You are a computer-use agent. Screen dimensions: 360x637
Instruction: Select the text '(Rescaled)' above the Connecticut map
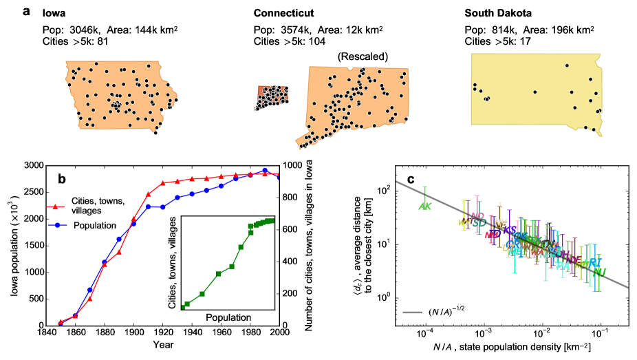361,56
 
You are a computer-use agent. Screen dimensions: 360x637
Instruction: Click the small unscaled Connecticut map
272,98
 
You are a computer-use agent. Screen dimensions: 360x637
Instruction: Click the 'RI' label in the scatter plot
596,263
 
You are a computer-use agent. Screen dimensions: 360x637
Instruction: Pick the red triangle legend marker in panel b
58,206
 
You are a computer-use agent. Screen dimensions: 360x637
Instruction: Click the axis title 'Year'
163,344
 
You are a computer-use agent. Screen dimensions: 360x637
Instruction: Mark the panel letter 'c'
411,180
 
